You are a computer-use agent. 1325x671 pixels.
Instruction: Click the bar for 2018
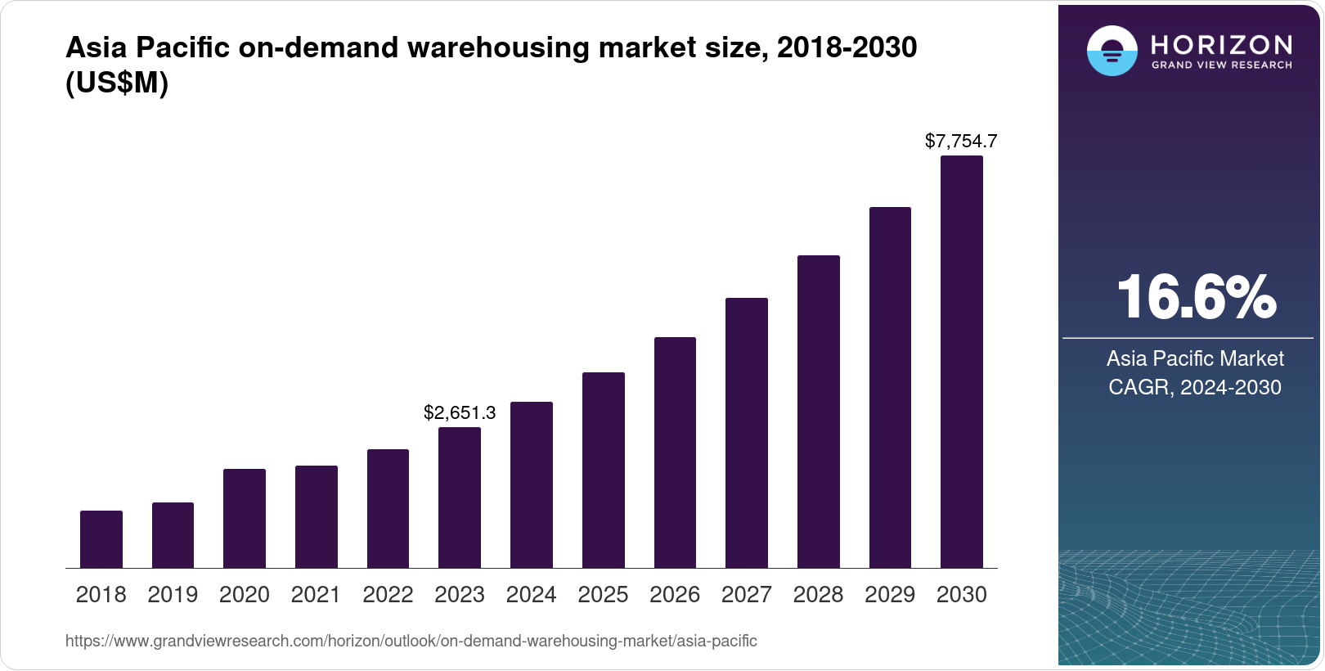[101, 539]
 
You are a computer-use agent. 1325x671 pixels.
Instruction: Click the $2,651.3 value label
[460, 412]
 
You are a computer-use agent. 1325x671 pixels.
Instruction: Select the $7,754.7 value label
[961, 141]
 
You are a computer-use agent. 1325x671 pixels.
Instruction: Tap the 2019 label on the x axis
[173, 595]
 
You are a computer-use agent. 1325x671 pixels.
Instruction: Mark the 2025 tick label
[603, 595]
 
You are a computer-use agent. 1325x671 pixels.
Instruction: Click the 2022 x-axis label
[388, 595]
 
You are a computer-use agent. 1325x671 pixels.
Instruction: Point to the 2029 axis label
[890, 595]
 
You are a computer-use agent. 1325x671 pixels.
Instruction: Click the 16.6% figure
[1195, 297]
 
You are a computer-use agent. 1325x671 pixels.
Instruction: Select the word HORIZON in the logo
[1222, 44]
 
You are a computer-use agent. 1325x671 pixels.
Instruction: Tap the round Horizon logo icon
[1112, 52]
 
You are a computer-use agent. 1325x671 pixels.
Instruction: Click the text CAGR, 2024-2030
[1195, 387]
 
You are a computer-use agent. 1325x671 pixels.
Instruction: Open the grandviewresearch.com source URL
[411, 642]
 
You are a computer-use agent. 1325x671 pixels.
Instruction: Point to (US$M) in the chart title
[117, 83]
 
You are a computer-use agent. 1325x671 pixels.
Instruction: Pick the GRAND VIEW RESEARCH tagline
[1222, 65]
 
